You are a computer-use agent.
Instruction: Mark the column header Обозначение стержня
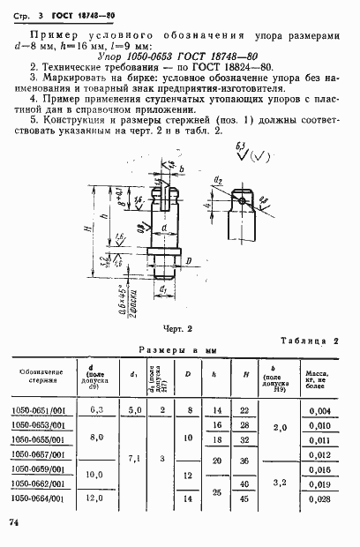pyautogui.click(x=40, y=377)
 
